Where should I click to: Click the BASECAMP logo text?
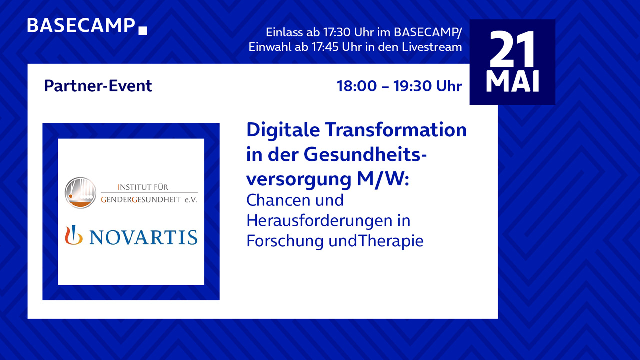click(x=81, y=25)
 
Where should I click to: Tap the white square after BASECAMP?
click(x=143, y=31)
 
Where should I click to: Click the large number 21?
click(x=512, y=49)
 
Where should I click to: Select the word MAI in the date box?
click(x=512, y=81)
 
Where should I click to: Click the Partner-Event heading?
click(x=98, y=86)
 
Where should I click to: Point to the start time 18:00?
click(x=357, y=86)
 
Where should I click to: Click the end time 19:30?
click(x=412, y=86)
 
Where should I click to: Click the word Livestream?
click(x=432, y=47)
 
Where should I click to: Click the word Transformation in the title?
click(x=395, y=130)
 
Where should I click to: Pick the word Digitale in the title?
click(x=283, y=130)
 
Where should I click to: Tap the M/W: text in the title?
click(x=383, y=179)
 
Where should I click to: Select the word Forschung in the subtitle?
click(x=285, y=241)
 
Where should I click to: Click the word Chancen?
click(x=277, y=200)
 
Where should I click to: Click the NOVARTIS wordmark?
click(x=143, y=237)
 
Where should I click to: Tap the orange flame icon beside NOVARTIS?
click(x=73, y=235)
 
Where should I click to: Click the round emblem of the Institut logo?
click(x=80, y=193)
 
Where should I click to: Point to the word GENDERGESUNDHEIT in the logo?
click(x=141, y=199)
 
